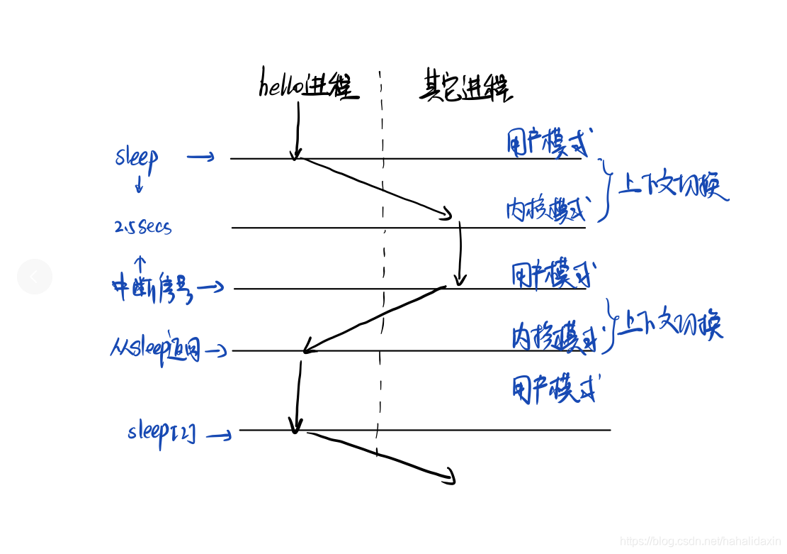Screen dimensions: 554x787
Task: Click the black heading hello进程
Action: [310, 87]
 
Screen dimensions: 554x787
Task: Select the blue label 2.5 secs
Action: [143, 227]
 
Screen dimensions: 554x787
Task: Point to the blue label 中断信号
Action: [152, 288]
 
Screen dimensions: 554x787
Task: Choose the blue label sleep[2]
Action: [162, 431]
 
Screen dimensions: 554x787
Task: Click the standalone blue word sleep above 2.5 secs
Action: [137, 157]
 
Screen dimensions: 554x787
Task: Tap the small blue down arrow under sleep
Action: [139, 185]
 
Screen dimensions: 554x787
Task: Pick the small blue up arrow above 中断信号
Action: [140, 263]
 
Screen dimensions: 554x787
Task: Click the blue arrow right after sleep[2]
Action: [221, 436]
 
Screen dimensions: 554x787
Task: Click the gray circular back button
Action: [35, 277]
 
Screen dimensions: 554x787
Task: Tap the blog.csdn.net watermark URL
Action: [700, 541]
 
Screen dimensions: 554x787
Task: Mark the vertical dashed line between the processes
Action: [383, 270]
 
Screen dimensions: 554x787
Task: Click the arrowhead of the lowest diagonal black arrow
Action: [448, 478]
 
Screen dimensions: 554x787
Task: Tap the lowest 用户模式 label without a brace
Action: [553, 389]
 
